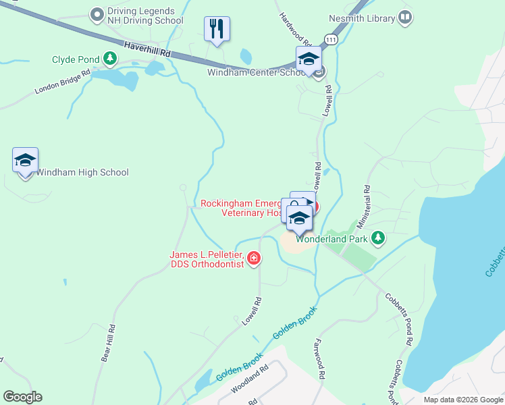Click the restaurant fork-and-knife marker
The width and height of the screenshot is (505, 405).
(217, 28)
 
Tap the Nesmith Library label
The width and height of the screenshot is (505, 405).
(361, 18)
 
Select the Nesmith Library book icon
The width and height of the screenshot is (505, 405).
(405, 18)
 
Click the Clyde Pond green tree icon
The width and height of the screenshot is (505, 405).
(109, 59)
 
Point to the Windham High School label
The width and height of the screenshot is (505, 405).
(82, 172)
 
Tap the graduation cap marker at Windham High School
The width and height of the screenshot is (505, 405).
(25, 161)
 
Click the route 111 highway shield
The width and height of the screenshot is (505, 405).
(329, 40)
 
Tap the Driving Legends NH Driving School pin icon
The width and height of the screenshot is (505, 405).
(97, 13)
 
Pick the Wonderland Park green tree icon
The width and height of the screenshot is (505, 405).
(378, 238)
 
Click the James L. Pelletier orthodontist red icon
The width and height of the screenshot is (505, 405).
(254, 259)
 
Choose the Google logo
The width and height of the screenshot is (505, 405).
(22, 397)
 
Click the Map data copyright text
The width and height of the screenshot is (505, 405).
(462, 400)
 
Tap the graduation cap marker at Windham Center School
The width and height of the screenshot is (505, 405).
(309, 59)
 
